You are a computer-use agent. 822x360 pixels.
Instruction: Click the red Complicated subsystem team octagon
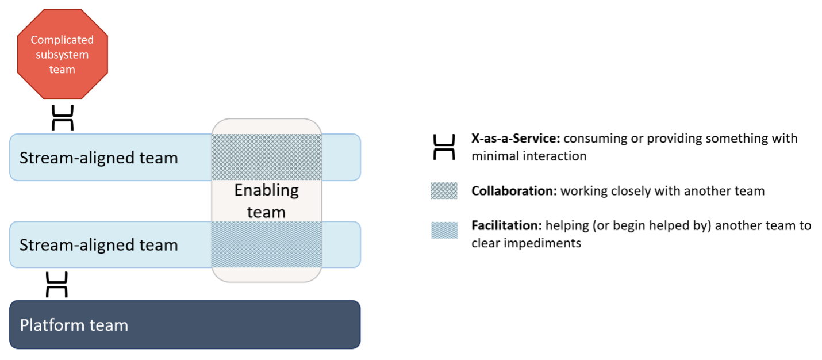pos(62,55)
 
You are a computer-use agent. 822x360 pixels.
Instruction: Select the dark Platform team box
pos(185,324)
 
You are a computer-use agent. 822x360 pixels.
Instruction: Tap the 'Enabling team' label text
pos(266,201)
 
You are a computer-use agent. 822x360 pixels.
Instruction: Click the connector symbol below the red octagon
pos(63,117)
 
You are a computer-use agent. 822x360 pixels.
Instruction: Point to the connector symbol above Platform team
pos(57,285)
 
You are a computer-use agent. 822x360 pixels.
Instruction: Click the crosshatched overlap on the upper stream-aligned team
pos(267,157)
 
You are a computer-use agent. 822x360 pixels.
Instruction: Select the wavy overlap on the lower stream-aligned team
pos(267,244)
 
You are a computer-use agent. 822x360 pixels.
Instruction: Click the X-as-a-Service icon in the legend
pos(444,147)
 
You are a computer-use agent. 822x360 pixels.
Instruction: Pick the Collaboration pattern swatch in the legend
pos(444,191)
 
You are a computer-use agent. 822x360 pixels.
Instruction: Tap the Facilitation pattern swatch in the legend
pos(444,230)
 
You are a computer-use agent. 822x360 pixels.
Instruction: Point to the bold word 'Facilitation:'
pos(506,225)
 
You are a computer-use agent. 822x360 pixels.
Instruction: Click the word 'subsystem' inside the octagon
pos(62,55)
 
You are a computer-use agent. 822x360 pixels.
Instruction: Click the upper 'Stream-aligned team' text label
pos(99,158)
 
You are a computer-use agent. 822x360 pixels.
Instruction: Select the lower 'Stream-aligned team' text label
pos(99,245)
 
